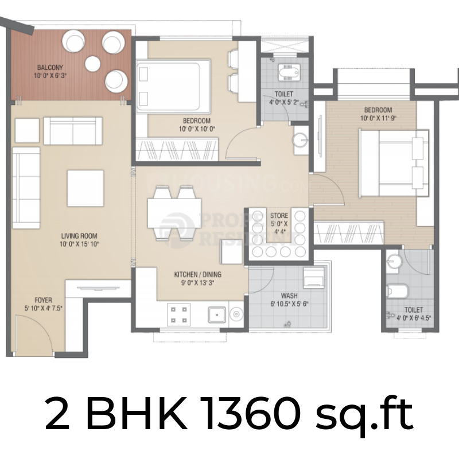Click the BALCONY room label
point(47,66)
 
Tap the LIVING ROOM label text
point(80,235)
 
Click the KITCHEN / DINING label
point(197,274)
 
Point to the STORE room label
point(279,216)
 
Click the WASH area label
point(289,296)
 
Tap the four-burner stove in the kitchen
point(178,313)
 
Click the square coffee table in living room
point(85,188)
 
